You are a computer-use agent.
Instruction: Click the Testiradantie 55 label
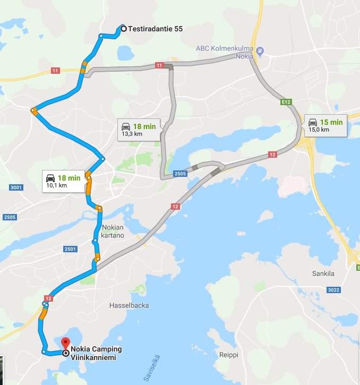[x=156, y=29]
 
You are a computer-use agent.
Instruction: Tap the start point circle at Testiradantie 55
[x=124, y=29]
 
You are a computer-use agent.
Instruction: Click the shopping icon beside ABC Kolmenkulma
[x=260, y=52]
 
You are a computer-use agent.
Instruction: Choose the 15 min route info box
[x=325, y=125]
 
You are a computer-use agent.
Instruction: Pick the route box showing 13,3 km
[x=138, y=130]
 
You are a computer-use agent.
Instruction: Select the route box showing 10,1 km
[x=63, y=181]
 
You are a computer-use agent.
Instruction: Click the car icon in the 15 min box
[x=313, y=122]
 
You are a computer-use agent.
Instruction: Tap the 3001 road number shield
[x=16, y=187]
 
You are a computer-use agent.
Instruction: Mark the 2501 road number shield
[x=70, y=249]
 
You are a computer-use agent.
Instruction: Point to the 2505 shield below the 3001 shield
[x=9, y=217]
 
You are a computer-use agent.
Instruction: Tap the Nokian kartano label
[x=112, y=231]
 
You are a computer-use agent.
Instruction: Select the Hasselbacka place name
[x=128, y=305]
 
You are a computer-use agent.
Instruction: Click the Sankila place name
[x=323, y=273]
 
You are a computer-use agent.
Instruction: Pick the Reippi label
[x=229, y=355]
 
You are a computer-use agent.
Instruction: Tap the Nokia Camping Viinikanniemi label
[x=96, y=353]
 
